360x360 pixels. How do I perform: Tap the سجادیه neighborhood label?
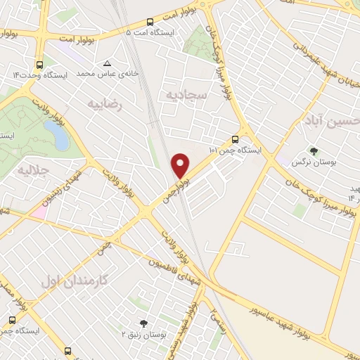pyautogui.click(x=186, y=94)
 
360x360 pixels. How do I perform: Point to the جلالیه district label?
pyautogui.click(x=32, y=169)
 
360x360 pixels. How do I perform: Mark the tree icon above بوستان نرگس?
pyautogui.click(x=314, y=150)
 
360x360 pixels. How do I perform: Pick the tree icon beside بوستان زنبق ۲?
pyautogui.click(x=144, y=324)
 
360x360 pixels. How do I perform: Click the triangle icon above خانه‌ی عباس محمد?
pyautogui.click(x=106, y=63)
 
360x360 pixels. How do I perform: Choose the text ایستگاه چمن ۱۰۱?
pyautogui.click(x=235, y=150)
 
